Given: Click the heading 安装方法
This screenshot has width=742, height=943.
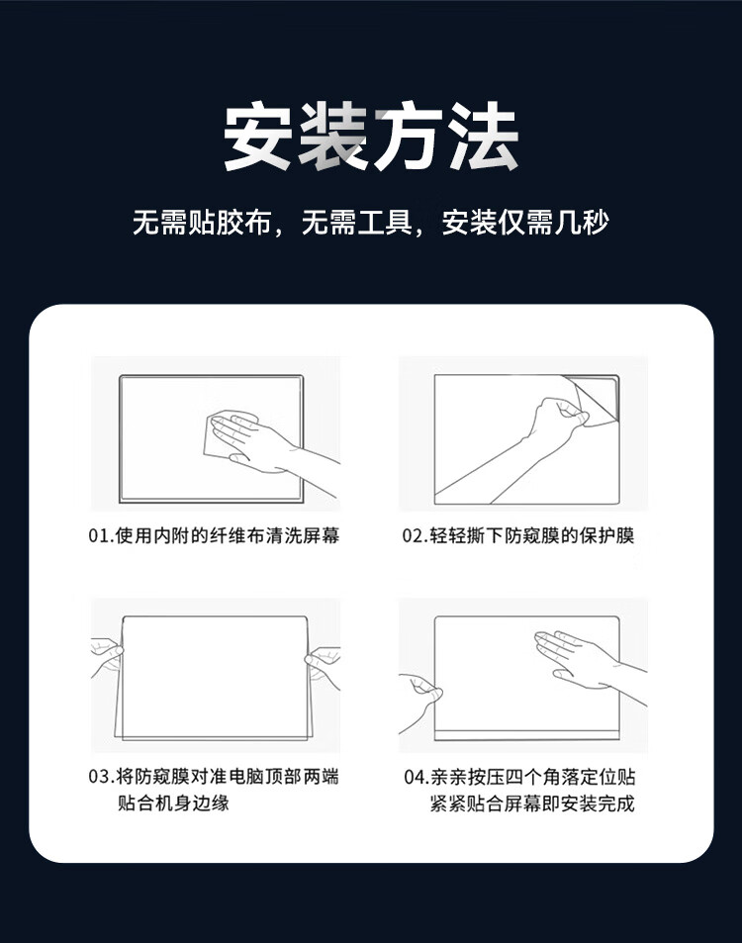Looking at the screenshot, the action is pyautogui.click(x=371, y=137).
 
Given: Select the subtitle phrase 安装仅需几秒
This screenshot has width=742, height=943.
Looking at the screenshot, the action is pyautogui.click(x=525, y=223).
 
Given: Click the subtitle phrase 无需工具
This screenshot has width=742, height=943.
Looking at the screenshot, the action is pyautogui.click(x=356, y=223).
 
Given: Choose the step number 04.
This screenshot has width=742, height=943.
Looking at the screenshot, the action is pyautogui.click(x=415, y=777).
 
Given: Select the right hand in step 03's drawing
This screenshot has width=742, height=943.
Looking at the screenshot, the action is pyautogui.click(x=323, y=666).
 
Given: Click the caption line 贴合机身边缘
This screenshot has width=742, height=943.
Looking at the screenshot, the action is pyautogui.click(x=173, y=802).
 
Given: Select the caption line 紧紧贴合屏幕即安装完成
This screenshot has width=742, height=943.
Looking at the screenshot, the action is pyautogui.click(x=532, y=802).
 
